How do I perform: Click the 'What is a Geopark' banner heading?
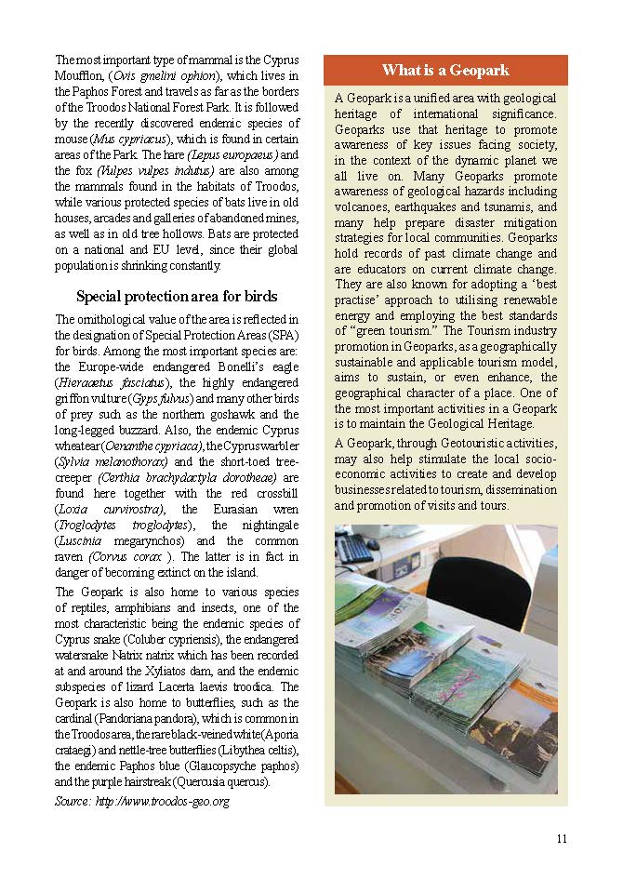tap(445, 71)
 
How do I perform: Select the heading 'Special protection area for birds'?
tap(177, 297)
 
